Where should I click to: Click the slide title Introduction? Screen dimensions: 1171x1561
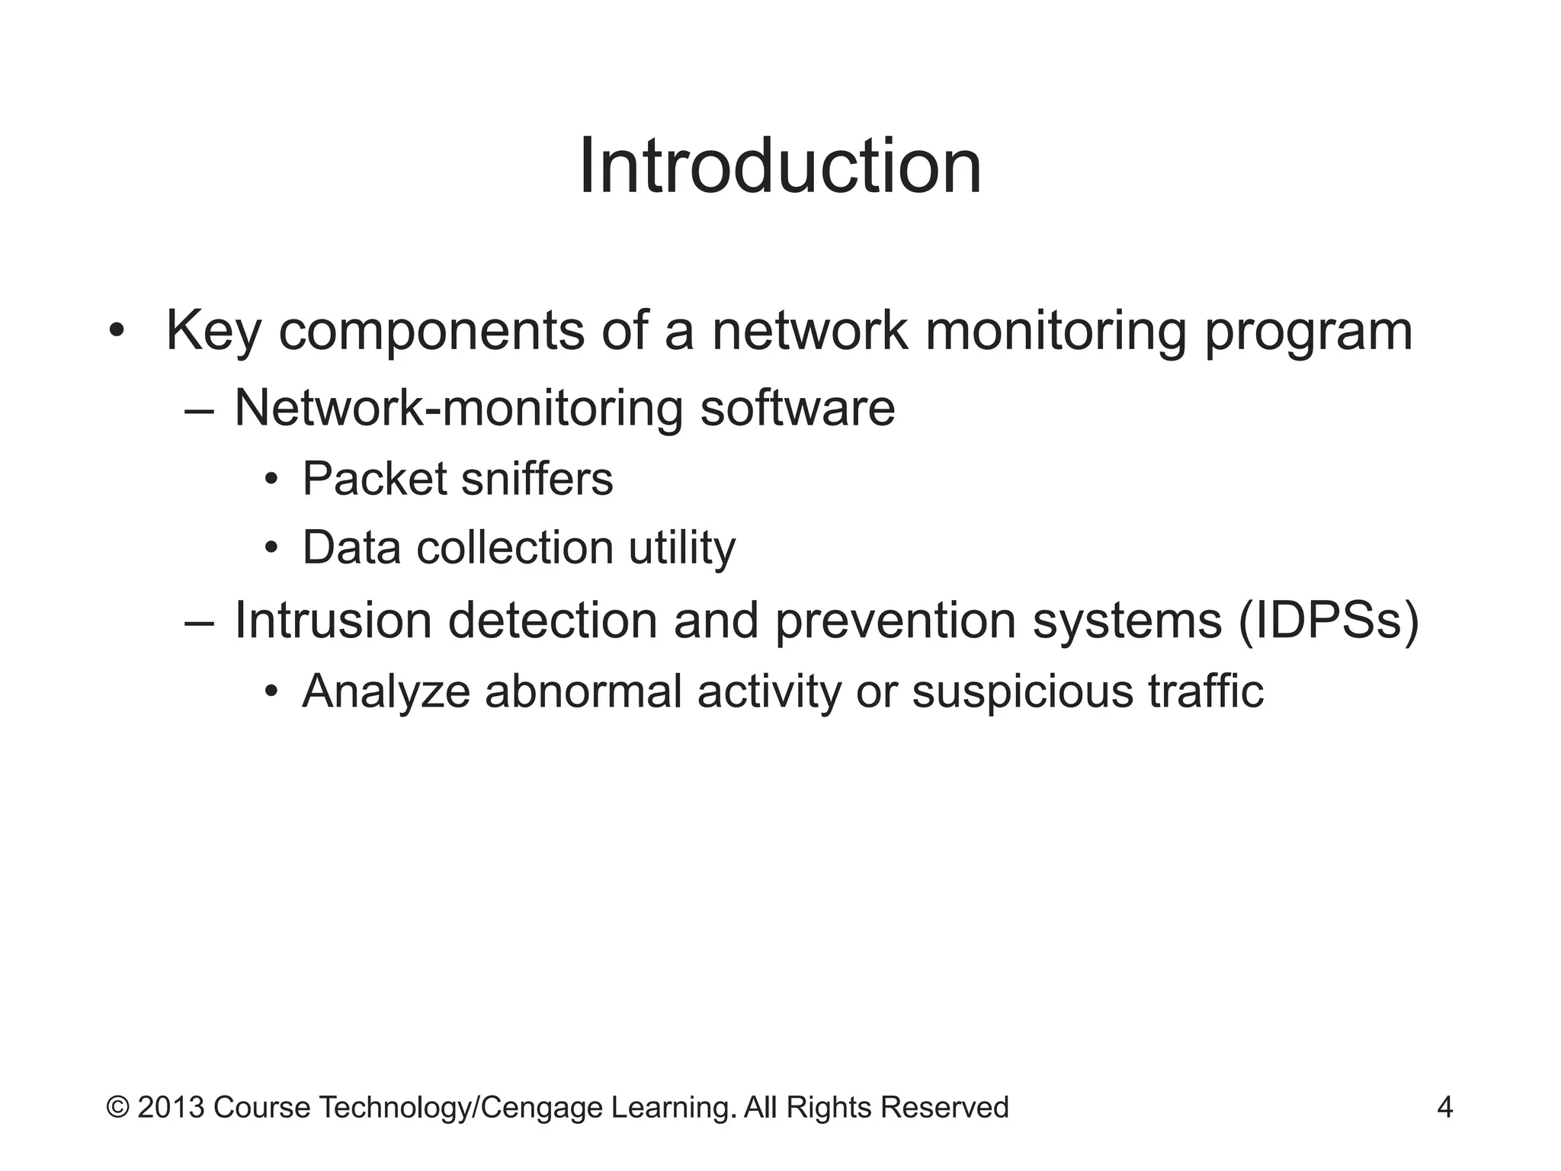click(x=780, y=166)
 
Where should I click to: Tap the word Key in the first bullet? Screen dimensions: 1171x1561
click(x=213, y=331)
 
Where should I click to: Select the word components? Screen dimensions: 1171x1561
click(x=431, y=332)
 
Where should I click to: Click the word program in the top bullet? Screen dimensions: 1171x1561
click(x=1308, y=332)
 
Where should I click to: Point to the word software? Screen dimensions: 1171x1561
click(x=797, y=408)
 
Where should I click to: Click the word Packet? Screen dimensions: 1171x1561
click(x=374, y=479)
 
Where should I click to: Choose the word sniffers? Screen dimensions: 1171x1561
click(x=537, y=479)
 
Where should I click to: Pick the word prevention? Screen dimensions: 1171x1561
click(x=896, y=621)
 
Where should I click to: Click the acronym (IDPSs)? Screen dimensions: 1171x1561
click(x=1328, y=621)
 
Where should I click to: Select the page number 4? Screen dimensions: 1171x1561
click(x=1444, y=1107)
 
